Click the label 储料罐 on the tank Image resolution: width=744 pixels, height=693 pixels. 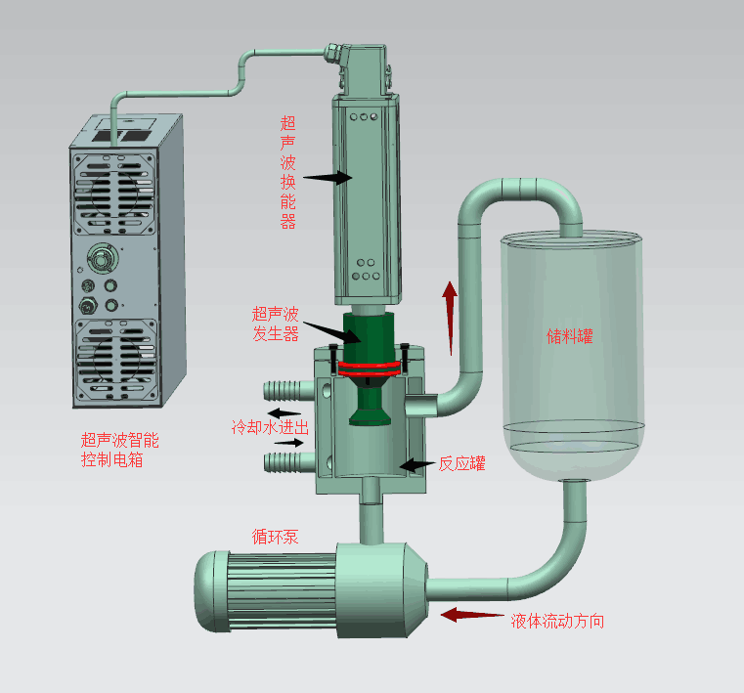569,336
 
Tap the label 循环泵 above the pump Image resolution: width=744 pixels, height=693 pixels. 275,537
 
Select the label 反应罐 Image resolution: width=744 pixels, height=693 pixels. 461,463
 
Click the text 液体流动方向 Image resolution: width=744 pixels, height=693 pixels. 557,621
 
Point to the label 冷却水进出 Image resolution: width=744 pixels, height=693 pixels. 271,427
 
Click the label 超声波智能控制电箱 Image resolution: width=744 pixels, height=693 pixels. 120,450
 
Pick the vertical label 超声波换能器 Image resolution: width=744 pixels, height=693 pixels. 288,172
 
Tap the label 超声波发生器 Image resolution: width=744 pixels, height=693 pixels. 275,324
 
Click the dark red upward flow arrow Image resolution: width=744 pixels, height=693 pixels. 450,319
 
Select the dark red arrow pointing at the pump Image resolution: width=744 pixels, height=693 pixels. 472,615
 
